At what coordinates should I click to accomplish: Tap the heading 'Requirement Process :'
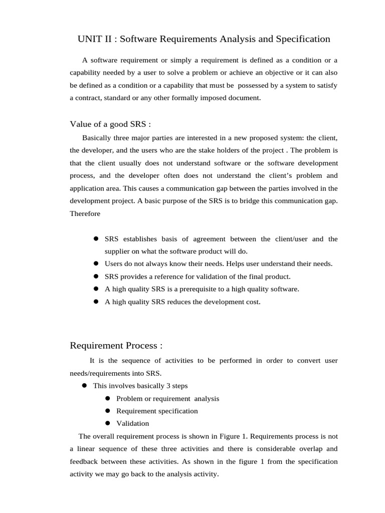(x=116, y=346)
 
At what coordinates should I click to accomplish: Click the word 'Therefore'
(x=85, y=213)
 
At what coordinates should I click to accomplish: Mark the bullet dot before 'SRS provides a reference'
(x=95, y=276)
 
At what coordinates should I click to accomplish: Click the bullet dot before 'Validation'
(x=107, y=423)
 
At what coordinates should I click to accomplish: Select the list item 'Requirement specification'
(x=157, y=411)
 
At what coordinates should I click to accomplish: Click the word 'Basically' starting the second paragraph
(x=97, y=137)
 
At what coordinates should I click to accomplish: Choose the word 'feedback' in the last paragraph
(x=85, y=461)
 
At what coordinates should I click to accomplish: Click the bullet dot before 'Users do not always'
(x=95, y=264)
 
